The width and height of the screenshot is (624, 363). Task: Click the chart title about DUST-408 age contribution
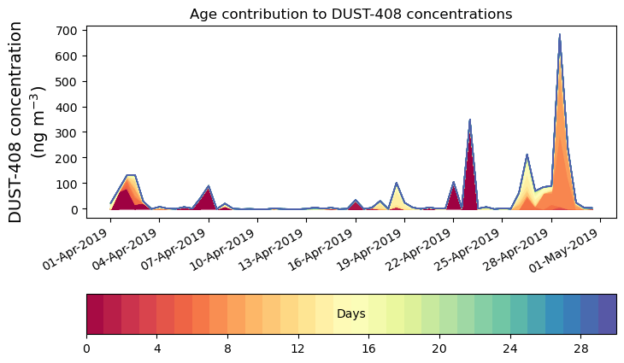pos(350,14)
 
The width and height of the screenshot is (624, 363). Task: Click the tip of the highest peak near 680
pos(560,35)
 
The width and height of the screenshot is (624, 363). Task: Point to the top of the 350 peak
pos(470,120)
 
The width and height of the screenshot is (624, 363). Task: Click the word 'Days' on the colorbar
pos(351,314)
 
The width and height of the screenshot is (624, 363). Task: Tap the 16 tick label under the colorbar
pos(368,349)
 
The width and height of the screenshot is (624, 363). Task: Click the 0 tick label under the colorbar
pos(86,349)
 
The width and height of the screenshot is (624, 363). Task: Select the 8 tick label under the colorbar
pos(227,349)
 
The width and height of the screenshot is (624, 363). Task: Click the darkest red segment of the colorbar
pos(95,314)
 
